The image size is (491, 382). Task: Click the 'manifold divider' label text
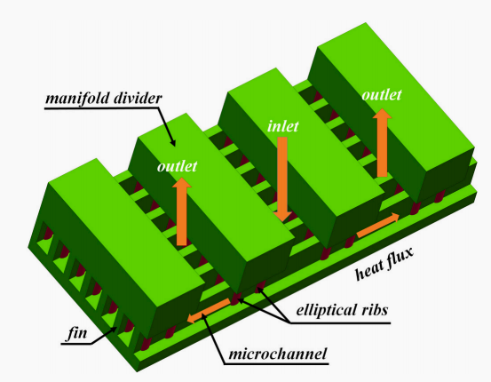point(104,99)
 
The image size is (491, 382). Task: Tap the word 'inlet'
point(283,126)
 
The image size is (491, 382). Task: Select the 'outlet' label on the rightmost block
point(382,95)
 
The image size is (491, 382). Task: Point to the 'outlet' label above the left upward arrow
point(177,166)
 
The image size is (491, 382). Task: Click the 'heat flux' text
point(384,264)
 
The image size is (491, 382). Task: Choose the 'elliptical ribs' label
point(342,310)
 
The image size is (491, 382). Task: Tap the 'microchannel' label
point(278,354)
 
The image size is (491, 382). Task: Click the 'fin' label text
point(77,333)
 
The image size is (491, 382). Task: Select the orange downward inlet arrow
point(282,179)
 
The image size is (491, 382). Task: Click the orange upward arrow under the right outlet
point(382,143)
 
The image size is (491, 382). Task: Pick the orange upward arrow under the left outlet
point(182,211)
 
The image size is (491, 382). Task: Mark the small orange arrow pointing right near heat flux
point(378,225)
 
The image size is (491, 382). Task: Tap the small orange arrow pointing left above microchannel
point(209,310)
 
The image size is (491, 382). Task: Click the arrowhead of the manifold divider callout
point(172,143)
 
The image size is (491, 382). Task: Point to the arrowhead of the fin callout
point(114,329)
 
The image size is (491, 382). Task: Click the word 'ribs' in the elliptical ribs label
point(374,310)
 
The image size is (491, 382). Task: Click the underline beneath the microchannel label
point(276,364)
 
